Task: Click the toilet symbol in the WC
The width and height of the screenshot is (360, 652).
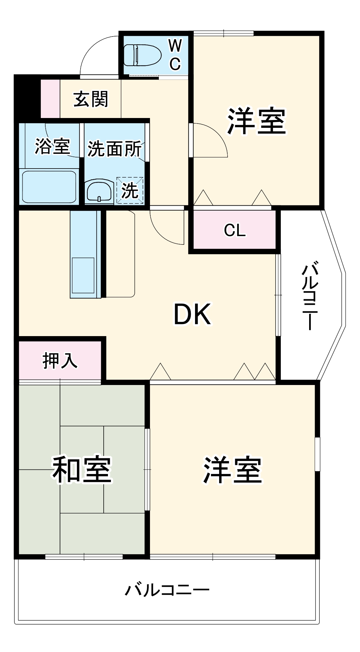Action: (142, 55)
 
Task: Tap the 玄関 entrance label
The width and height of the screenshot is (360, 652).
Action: (90, 99)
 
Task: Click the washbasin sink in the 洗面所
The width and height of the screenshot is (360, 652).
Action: (99, 191)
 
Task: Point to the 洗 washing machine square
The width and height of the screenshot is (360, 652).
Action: (130, 190)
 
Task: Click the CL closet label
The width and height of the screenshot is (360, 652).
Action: (234, 230)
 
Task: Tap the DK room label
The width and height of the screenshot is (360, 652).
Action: (192, 314)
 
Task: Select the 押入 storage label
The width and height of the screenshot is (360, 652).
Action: (60, 361)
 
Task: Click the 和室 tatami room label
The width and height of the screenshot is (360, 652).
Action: (82, 469)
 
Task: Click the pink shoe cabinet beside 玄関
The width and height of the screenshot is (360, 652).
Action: (50, 98)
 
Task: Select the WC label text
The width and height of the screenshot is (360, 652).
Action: (175, 54)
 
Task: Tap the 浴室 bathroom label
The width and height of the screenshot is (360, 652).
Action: (52, 146)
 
